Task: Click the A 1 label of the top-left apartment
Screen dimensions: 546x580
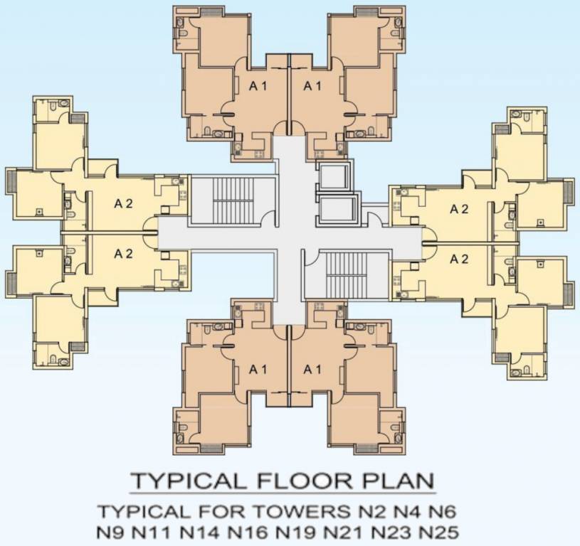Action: (258, 85)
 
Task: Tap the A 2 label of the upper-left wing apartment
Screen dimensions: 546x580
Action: (123, 203)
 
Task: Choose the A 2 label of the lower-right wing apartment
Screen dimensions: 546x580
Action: (459, 259)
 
